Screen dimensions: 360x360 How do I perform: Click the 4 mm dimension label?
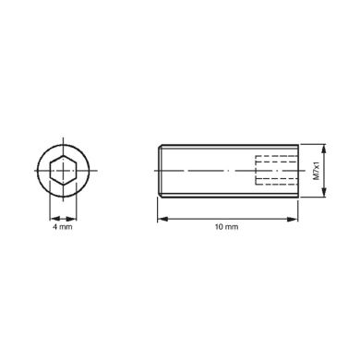[x=63, y=227]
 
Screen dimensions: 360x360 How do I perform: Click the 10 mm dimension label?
[x=226, y=227]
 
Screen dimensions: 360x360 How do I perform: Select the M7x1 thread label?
[x=317, y=171]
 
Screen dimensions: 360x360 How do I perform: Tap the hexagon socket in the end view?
[x=64, y=171]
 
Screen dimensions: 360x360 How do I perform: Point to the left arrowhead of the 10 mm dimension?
[x=162, y=219]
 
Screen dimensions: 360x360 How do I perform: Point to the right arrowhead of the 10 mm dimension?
[x=294, y=219]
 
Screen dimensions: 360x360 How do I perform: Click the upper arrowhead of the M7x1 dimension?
[x=323, y=150]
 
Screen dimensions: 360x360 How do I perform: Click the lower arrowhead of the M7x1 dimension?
[x=323, y=192]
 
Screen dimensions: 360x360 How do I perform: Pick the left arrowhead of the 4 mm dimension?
[x=54, y=219]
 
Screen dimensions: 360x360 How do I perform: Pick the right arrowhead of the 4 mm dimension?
[x=72, y=219]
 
